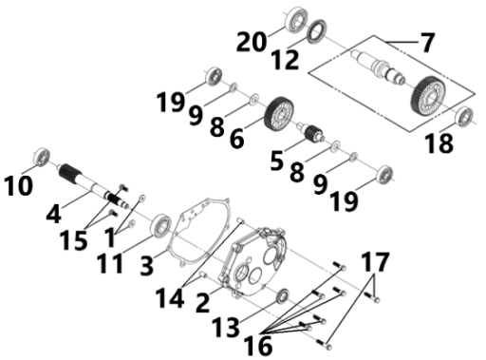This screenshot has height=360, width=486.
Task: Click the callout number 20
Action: coord(252,42)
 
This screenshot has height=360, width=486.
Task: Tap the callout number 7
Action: coord(427,42)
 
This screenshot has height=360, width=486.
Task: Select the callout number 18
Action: coord(439,143)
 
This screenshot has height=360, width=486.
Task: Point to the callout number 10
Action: coord(18,185)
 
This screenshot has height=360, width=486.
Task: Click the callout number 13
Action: coord(225,327)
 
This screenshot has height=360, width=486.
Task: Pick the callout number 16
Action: coord(258,345)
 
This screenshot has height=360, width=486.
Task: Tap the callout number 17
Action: coord(375,261)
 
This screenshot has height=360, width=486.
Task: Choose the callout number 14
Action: coord(170,298)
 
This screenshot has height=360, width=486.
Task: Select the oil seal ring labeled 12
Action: coord(317,31)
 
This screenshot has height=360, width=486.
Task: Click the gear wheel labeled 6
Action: coord(279,114)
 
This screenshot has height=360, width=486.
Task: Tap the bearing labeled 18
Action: coord(464,117)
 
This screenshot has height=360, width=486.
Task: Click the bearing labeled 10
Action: coord(42,156)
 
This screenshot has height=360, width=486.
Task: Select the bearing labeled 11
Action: coord(160,225)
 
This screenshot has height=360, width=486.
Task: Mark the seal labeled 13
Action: coord(283,296)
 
